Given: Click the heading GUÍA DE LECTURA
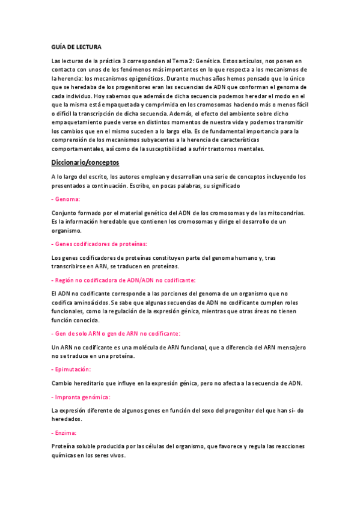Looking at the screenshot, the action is pyautogui.click(x=76, y=47).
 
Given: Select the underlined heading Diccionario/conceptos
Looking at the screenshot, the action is pyautogui.click(x=85, y=162).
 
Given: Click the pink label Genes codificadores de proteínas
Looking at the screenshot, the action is pyautogui.click(x=100, y=244).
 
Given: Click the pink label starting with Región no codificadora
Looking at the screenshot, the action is pyautogui.click(x=124, y=280).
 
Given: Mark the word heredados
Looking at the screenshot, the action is pyautogui.click(x=67, y=419).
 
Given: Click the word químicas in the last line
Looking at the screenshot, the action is pyautogui.click(x=66, y=455).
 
